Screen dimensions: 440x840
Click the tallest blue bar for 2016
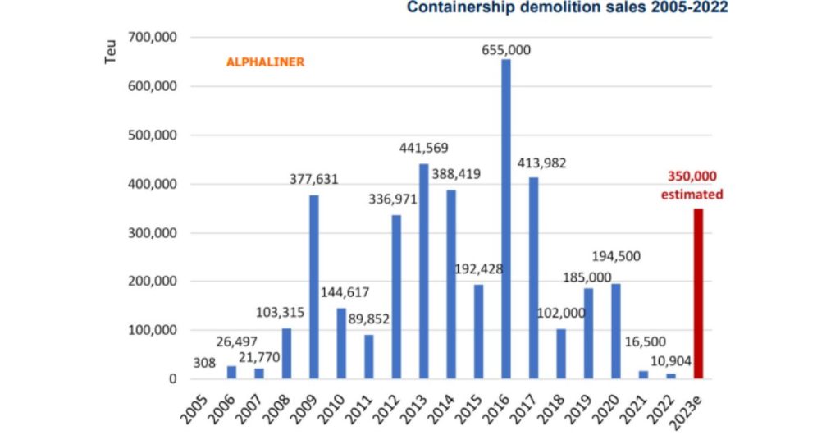pos(506,219)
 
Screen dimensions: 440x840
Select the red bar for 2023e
pos(698,294)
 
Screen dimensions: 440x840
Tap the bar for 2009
pos(313,286)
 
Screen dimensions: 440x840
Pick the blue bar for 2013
pos(424,271)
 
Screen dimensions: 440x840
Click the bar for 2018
pos(561,354)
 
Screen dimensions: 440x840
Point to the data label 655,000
pos(506,50)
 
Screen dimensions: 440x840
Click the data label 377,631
pos(313,179)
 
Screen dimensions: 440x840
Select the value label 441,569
pos(424,148)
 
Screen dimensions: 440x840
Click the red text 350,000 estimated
pos(693,186)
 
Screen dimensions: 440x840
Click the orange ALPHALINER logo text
pos(265,62)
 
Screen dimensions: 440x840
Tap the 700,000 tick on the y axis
pos(154,38)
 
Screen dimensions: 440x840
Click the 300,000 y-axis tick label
pos(154,233)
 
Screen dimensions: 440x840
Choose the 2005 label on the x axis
pos(194,404)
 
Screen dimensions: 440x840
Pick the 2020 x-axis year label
pos(607,404)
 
